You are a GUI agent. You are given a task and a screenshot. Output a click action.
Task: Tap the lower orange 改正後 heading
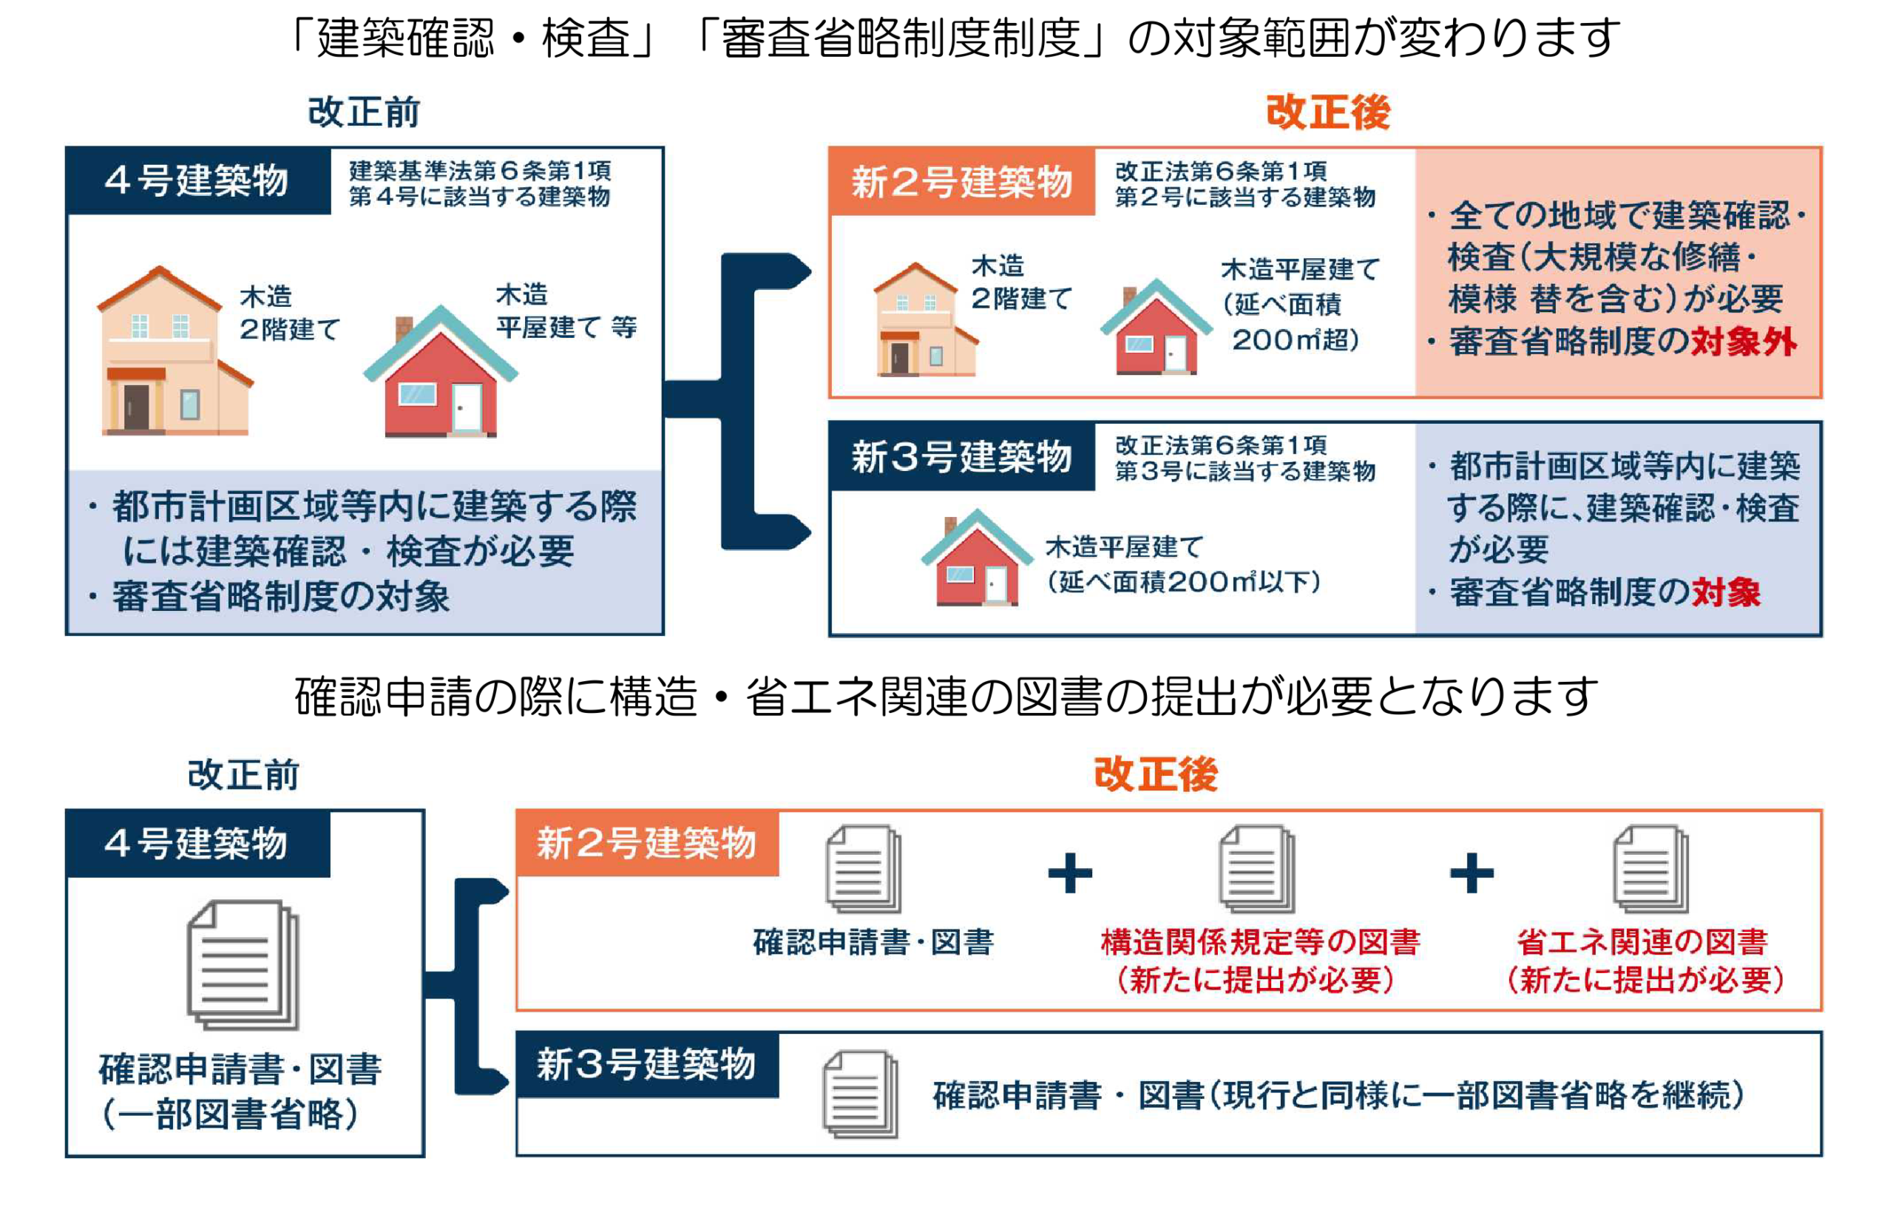click(1156, 774)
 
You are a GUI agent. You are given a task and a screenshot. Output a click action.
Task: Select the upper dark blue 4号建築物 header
click(198, 180)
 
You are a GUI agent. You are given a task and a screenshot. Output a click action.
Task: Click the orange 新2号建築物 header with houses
click(961, 181)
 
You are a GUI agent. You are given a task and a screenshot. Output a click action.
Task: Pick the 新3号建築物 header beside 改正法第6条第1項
click(961, 456)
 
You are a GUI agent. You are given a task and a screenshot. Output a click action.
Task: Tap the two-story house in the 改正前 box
click(175, 351)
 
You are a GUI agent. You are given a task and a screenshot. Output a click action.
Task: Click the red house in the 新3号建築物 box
click(977, 558)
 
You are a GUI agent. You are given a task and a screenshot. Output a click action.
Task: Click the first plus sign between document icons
click(1069, 873)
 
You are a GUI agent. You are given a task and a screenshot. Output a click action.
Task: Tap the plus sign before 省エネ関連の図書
click(1472, 873)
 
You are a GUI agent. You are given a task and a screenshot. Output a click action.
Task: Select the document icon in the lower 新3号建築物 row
click(860, 1094)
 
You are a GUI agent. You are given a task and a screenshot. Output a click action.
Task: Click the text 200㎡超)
click(1294, 340)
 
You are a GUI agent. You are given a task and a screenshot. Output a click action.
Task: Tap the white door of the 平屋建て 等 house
click(466, 407)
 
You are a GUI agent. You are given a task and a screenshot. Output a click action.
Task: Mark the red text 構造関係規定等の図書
click(1261, 942)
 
